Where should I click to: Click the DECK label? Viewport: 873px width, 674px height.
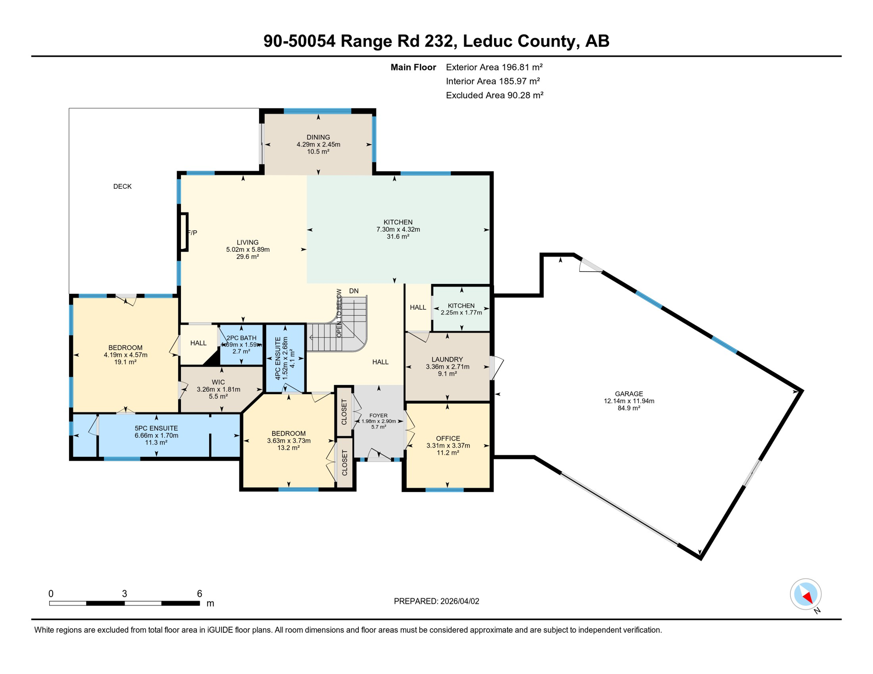coord(122,186)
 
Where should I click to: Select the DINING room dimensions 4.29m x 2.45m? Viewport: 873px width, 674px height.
coord(318,144)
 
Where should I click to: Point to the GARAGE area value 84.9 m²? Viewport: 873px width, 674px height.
coord(628,408)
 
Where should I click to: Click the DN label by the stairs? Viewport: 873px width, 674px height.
coord(354,291)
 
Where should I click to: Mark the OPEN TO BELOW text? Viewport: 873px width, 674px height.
coord(339,313)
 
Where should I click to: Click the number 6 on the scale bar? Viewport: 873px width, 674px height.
coord(199,594)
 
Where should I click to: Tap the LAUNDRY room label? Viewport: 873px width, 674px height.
coord(447,359)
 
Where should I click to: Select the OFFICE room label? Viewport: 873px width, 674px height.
coord(447,438)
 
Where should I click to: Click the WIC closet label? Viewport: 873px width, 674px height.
coord(218,382)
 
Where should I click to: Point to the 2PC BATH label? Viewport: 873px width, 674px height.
coord(242,338)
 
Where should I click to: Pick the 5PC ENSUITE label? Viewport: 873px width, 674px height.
coord(156,428)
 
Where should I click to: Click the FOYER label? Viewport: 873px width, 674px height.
coord(378,416)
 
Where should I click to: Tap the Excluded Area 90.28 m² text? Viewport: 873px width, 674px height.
coord(494,95)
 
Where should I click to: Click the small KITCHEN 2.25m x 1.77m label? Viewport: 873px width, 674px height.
coord(461,306)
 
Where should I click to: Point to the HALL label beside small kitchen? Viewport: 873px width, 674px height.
coord(418,307)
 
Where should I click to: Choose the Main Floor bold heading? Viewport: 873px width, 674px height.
coord(413,67)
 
